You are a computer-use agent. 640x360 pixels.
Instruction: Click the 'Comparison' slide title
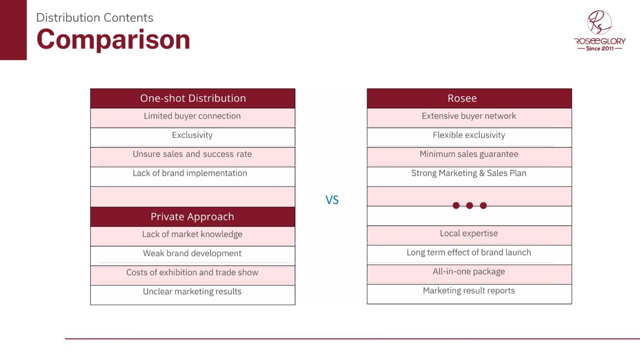pyautogui.click(x=113, y=40)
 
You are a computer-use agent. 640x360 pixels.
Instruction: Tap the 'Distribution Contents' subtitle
pyautogui.click(x=95, y=18)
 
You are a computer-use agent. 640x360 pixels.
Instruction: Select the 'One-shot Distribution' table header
pyautogui.click(x=193, y=98)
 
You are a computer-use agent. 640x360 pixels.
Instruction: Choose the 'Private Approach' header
pyautogui.click(x=193, y=217)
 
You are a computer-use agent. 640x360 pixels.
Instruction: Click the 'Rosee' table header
pyautogui.click(x=470, y=98)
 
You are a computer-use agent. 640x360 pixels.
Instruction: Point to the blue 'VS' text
pyautogui.click(x=332, y=200)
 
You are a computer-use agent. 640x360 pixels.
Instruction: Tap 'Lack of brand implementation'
pyautogui.click(x=190, y=173)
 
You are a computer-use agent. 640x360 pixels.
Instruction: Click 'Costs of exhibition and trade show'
pyautogui.click(x=192, y=272)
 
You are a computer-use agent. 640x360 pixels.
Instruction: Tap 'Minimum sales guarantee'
pyautogui.click(x=469, y=154)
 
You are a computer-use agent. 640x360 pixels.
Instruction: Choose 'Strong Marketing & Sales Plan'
pyautogui.click(x=469, y=173)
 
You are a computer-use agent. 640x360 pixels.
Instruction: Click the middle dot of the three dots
pyautogui.click(x=470, y=205)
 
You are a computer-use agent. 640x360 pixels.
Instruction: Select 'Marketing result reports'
pyautogui.click(x=469, y=291)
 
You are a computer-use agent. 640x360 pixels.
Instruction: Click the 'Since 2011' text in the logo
pyautogui.click(x=600, y=49)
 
